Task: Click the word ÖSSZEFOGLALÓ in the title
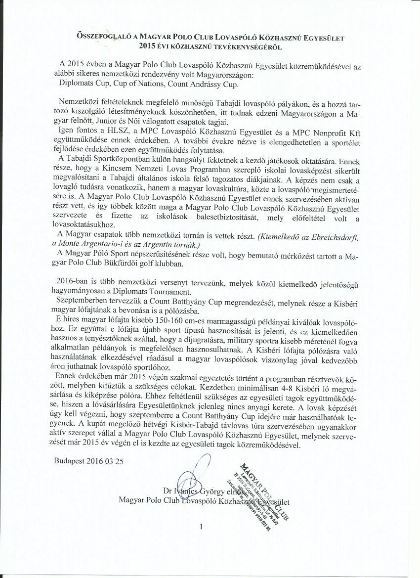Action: (102, 37)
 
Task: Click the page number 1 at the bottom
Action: (201, 527)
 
